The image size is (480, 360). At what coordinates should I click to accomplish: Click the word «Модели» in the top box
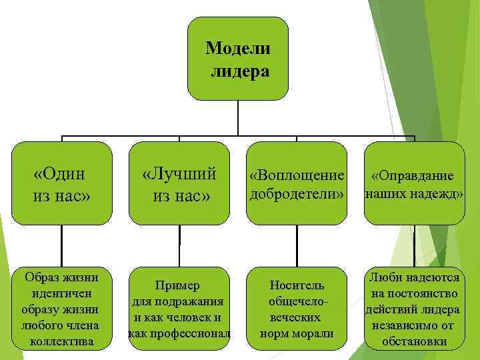click(238, 48)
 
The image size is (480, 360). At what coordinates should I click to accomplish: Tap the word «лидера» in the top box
click(240, 71)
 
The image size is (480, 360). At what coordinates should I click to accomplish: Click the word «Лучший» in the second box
click(180, 174)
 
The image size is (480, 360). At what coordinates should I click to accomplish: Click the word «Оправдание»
click(413, 176)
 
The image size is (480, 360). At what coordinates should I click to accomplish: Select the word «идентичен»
click(61, 293)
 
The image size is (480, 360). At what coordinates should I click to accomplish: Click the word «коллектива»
click(61, 341)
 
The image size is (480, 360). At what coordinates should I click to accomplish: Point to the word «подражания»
click(187, 301)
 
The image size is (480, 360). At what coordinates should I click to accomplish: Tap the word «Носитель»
click(297, 285)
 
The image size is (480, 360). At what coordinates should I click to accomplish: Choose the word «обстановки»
click(414, 341)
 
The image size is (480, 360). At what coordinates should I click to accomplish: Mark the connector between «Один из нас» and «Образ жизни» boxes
click(61, 246)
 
